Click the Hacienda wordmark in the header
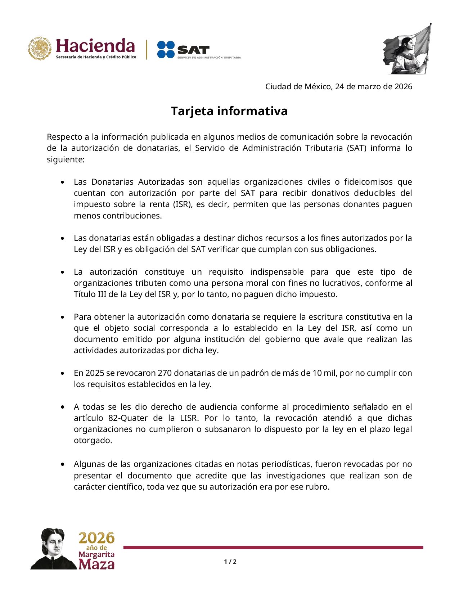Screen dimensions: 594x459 point(95,46)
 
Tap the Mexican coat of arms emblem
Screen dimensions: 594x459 point(40,48)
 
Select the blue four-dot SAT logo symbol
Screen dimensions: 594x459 point(166,49)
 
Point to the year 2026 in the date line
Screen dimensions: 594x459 point(403,87)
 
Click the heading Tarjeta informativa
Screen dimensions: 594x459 point(229,111)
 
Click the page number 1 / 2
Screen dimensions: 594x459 point(230,562)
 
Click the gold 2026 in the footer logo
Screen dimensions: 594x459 point(96,538)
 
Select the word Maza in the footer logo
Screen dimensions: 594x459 point(96,564)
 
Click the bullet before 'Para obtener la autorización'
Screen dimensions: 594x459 point(63,317)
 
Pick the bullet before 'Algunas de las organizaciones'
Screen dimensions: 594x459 point(63,464)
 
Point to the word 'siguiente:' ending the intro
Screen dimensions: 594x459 point(66,159)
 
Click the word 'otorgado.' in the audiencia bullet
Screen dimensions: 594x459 point(93,440)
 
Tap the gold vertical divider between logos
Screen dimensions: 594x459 point(147,49)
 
